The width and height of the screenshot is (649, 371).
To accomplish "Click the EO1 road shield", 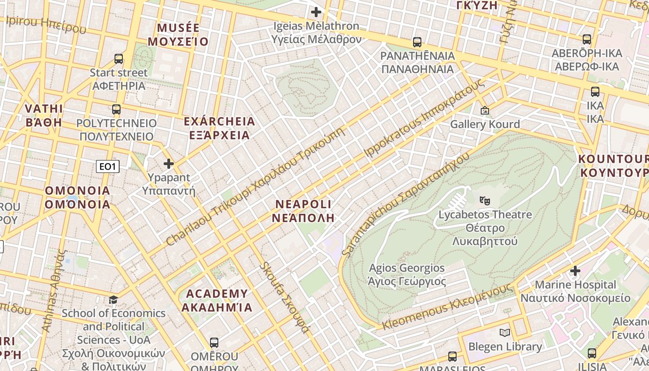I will (x=108, y=166).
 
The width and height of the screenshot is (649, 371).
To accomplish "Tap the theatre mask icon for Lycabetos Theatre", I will (x=485, y=201).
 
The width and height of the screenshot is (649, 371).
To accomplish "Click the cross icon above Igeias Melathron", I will (x=316, y=12).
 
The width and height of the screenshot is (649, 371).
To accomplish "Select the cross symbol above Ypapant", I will (x=169, y=164).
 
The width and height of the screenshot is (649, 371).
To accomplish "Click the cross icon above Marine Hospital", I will (x=575, y=270).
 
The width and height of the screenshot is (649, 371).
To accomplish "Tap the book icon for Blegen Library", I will (x=505, y=333).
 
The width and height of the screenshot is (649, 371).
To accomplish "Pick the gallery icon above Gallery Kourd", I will (x=485, y=110).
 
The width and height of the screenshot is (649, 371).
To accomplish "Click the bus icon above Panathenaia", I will (x=417, y=42).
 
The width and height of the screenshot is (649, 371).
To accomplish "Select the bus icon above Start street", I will (x=119, y=59).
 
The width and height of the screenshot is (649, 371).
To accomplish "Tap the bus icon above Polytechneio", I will (x=116, y=109).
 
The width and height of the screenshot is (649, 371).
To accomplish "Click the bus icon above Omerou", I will (x=214, y=343).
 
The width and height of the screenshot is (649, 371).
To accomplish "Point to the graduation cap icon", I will (x=113, y=300).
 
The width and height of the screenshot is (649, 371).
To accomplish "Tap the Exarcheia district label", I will (x=219, y=128).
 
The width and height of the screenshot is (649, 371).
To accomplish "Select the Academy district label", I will (x=216, y=300).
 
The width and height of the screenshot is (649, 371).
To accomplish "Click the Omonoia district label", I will (x=77, y=197).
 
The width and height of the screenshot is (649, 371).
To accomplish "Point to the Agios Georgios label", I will (x=407, y=275).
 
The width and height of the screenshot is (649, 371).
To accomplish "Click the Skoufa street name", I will (x=284, y=297).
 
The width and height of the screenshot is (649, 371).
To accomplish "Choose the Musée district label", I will (x=178, y=34).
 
